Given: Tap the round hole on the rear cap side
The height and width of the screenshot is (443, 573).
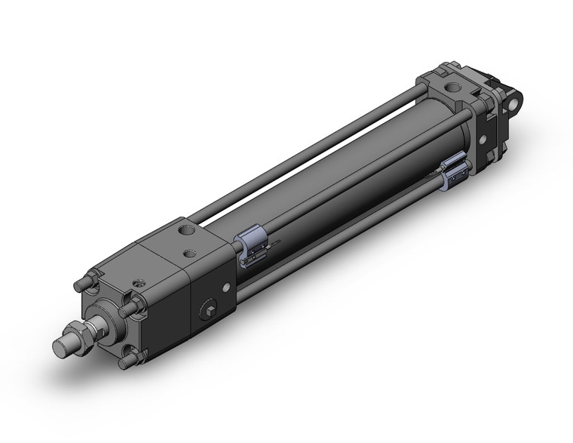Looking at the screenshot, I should coord(483,140).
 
